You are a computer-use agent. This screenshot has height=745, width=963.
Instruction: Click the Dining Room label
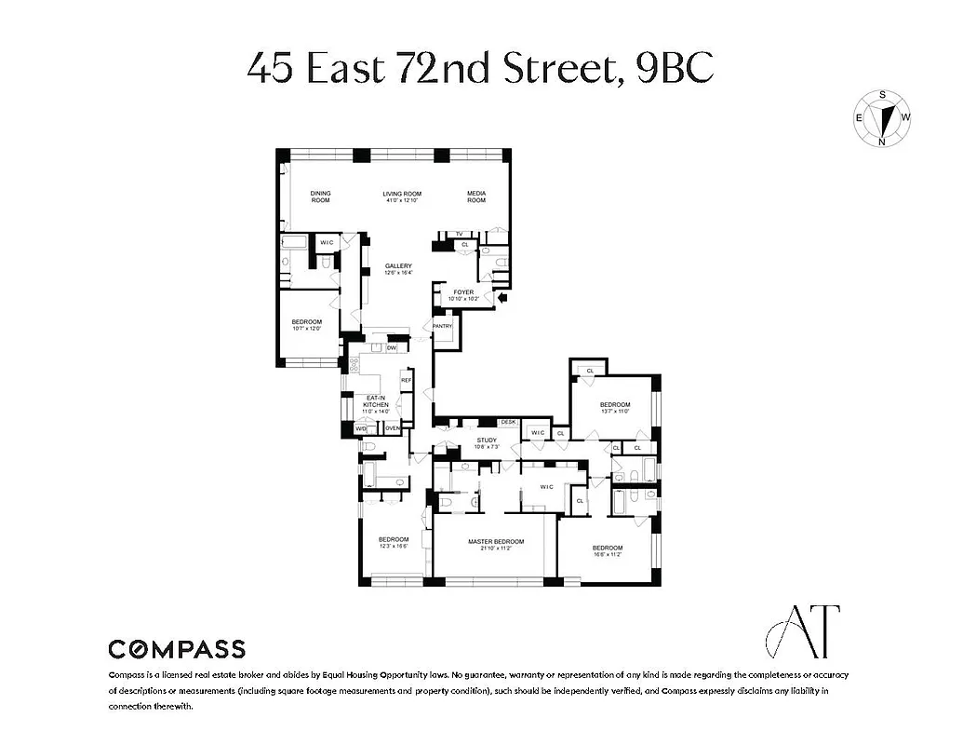point(320,197)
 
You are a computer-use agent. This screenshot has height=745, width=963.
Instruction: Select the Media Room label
point(476,197)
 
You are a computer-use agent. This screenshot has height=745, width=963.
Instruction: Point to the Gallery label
point(398,269)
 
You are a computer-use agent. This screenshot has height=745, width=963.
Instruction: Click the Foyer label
point(463,295)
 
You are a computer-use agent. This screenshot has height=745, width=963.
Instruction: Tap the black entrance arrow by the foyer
point(503,298)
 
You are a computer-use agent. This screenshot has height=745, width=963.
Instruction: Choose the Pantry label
point(442,326)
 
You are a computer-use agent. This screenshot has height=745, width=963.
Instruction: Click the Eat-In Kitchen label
point(375,401)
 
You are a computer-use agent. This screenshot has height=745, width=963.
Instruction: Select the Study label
point(487,443)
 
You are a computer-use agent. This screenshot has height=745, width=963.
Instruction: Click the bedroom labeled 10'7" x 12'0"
point(307,325)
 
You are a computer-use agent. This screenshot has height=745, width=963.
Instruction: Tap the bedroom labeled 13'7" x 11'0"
point(615,407)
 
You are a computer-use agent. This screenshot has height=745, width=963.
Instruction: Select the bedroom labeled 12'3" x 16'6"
point(393,543)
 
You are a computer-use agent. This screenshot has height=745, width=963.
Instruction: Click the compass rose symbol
point(883,118)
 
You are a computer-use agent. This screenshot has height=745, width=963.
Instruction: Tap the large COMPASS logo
point(177,649)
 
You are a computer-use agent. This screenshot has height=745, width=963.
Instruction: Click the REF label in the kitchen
point(406,381)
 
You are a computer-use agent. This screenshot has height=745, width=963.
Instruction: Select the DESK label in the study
point(508,423)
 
